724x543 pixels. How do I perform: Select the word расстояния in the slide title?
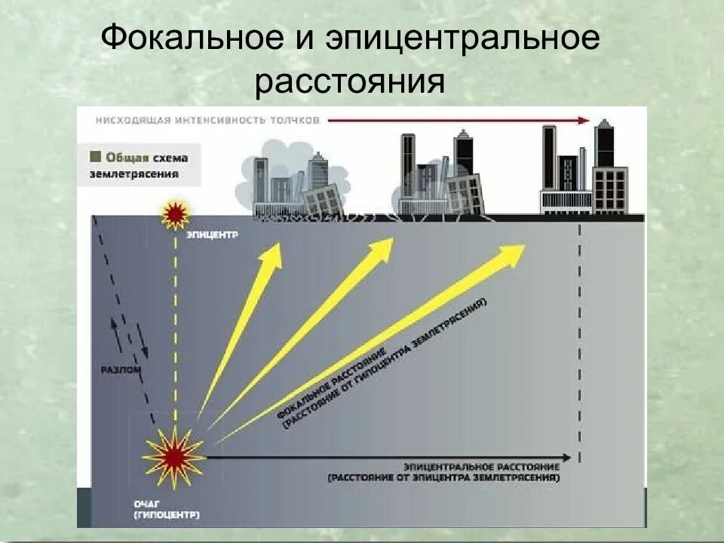click(x=349, y=82)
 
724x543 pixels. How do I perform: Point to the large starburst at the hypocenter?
click(x=173, y=455)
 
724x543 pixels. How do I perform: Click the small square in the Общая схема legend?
click(x=95, y=157)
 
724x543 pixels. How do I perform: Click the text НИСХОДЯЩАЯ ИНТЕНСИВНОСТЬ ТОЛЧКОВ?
click(x=207, y=120)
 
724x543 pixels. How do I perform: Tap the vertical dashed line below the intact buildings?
click(x=579, y=339)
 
